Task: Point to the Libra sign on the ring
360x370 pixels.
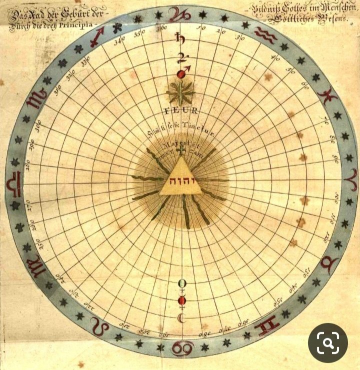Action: click(13, 185)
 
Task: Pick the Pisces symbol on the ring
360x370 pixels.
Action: click(328, 93)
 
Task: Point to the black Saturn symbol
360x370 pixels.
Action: click(178, 36)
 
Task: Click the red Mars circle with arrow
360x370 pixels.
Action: click(181, 73)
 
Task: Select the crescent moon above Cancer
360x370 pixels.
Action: click(181, 318)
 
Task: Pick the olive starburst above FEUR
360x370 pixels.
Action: click(181, 93)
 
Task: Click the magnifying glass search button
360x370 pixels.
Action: click(327, 343)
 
